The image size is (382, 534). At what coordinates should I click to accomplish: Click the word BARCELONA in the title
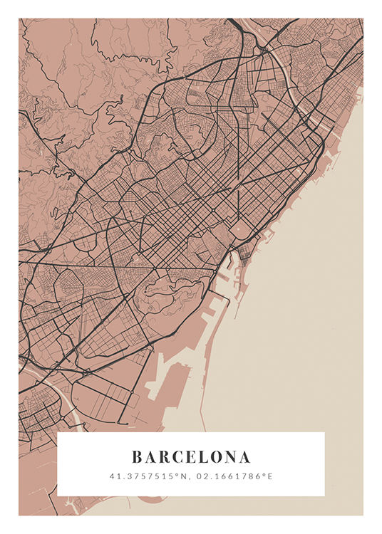tap(191, 456)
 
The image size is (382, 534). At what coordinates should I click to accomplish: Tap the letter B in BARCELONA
tap(137, 456)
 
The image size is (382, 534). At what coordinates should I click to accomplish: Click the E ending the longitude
tap(270, 476)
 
